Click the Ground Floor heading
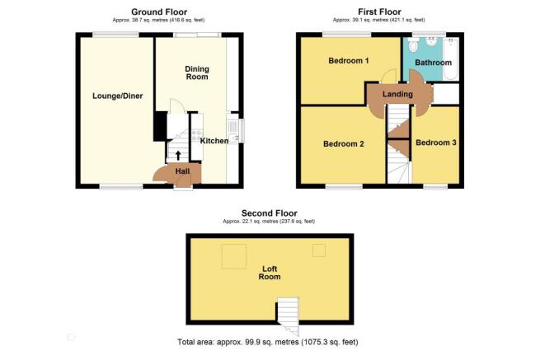pos(159,12)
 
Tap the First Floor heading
pos(379,12)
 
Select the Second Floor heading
pos(270,213)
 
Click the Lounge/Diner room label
pos(117,96)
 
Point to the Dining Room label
pos(197,73)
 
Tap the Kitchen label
pos(214,141)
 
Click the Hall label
pos(182,171)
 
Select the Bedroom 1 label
pos(349,61)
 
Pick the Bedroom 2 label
pos(343,144)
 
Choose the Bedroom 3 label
pos(436,143)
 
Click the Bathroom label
pos(434,63)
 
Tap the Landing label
pos(397,94)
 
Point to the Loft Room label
pos(270,273)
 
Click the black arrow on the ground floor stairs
pos(178,156)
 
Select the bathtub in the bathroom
pos(451,58)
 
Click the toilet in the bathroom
pos(413,44)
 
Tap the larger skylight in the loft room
pos(234,256)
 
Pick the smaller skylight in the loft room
pos(319,250)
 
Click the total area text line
pos(268,342)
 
